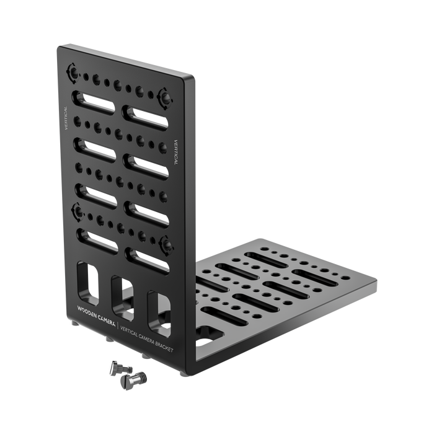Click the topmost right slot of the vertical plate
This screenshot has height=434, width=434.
point(145,116)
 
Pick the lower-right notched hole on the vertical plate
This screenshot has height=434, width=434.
point(167,244)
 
